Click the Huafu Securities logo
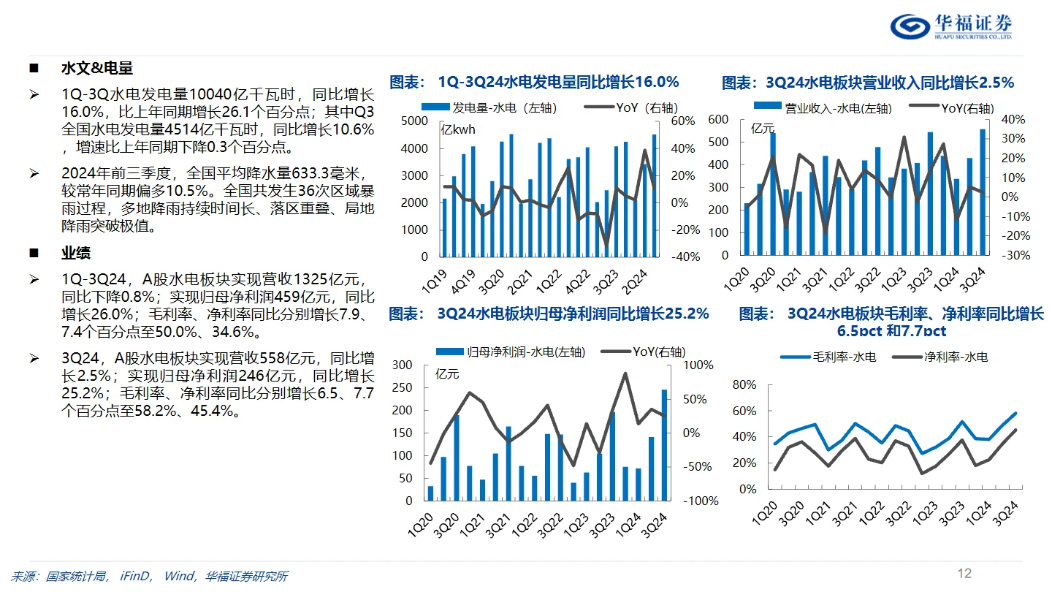(950, 26)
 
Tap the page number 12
(964, 573)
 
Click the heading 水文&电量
(96, 69)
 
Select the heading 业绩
(76, 254)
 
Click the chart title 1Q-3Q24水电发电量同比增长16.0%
(534, 81)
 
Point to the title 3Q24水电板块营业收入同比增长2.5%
(868, 83)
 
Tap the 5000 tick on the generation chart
(415, 121)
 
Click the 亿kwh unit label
(457, 131)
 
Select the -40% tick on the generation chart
(685, 257)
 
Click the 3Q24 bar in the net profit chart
(664, 445)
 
